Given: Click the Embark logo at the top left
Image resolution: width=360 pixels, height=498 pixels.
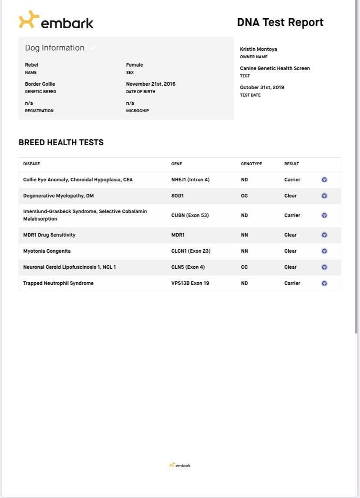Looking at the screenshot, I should coord(56,21).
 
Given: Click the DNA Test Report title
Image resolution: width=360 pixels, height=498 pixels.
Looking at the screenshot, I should coord(280,23).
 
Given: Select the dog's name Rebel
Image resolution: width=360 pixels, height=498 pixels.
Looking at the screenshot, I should coord(32,65).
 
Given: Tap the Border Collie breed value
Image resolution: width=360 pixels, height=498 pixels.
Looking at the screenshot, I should coord(40,84).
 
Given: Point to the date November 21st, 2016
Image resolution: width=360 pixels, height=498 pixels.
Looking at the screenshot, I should coord(151,84).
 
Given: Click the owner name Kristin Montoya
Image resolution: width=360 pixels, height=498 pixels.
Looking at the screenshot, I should coord(258,49).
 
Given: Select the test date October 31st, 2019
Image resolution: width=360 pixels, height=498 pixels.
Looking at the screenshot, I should coord(262,87).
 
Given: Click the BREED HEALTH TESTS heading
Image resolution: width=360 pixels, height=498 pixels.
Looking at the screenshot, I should coord(61,143).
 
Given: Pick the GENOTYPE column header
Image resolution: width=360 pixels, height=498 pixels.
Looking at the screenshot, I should coord(251,164).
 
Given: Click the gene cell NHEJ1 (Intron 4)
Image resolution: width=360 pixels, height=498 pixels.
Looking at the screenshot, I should coord(190,180).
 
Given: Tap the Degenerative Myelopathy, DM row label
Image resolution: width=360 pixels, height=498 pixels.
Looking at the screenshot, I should coord(58,196).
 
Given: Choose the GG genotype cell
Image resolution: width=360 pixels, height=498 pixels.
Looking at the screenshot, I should coord(244,196).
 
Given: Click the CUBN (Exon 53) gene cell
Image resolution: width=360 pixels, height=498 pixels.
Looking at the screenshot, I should coord(190,215).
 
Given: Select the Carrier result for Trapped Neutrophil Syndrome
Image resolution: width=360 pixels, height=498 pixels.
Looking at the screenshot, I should coord(292,283).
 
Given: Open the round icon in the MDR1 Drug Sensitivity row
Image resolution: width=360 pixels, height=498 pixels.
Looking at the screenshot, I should coord(324,235).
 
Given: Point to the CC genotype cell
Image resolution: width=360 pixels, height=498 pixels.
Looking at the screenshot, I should coord(244,267).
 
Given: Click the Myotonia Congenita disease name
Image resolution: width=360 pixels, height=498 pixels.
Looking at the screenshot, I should coord(47,251).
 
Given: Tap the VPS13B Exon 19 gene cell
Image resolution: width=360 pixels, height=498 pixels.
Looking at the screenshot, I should coord(190,283).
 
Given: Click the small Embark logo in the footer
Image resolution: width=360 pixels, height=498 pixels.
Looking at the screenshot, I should coord(180,465).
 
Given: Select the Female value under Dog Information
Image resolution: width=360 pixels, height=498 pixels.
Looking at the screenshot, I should coord(134,65).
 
